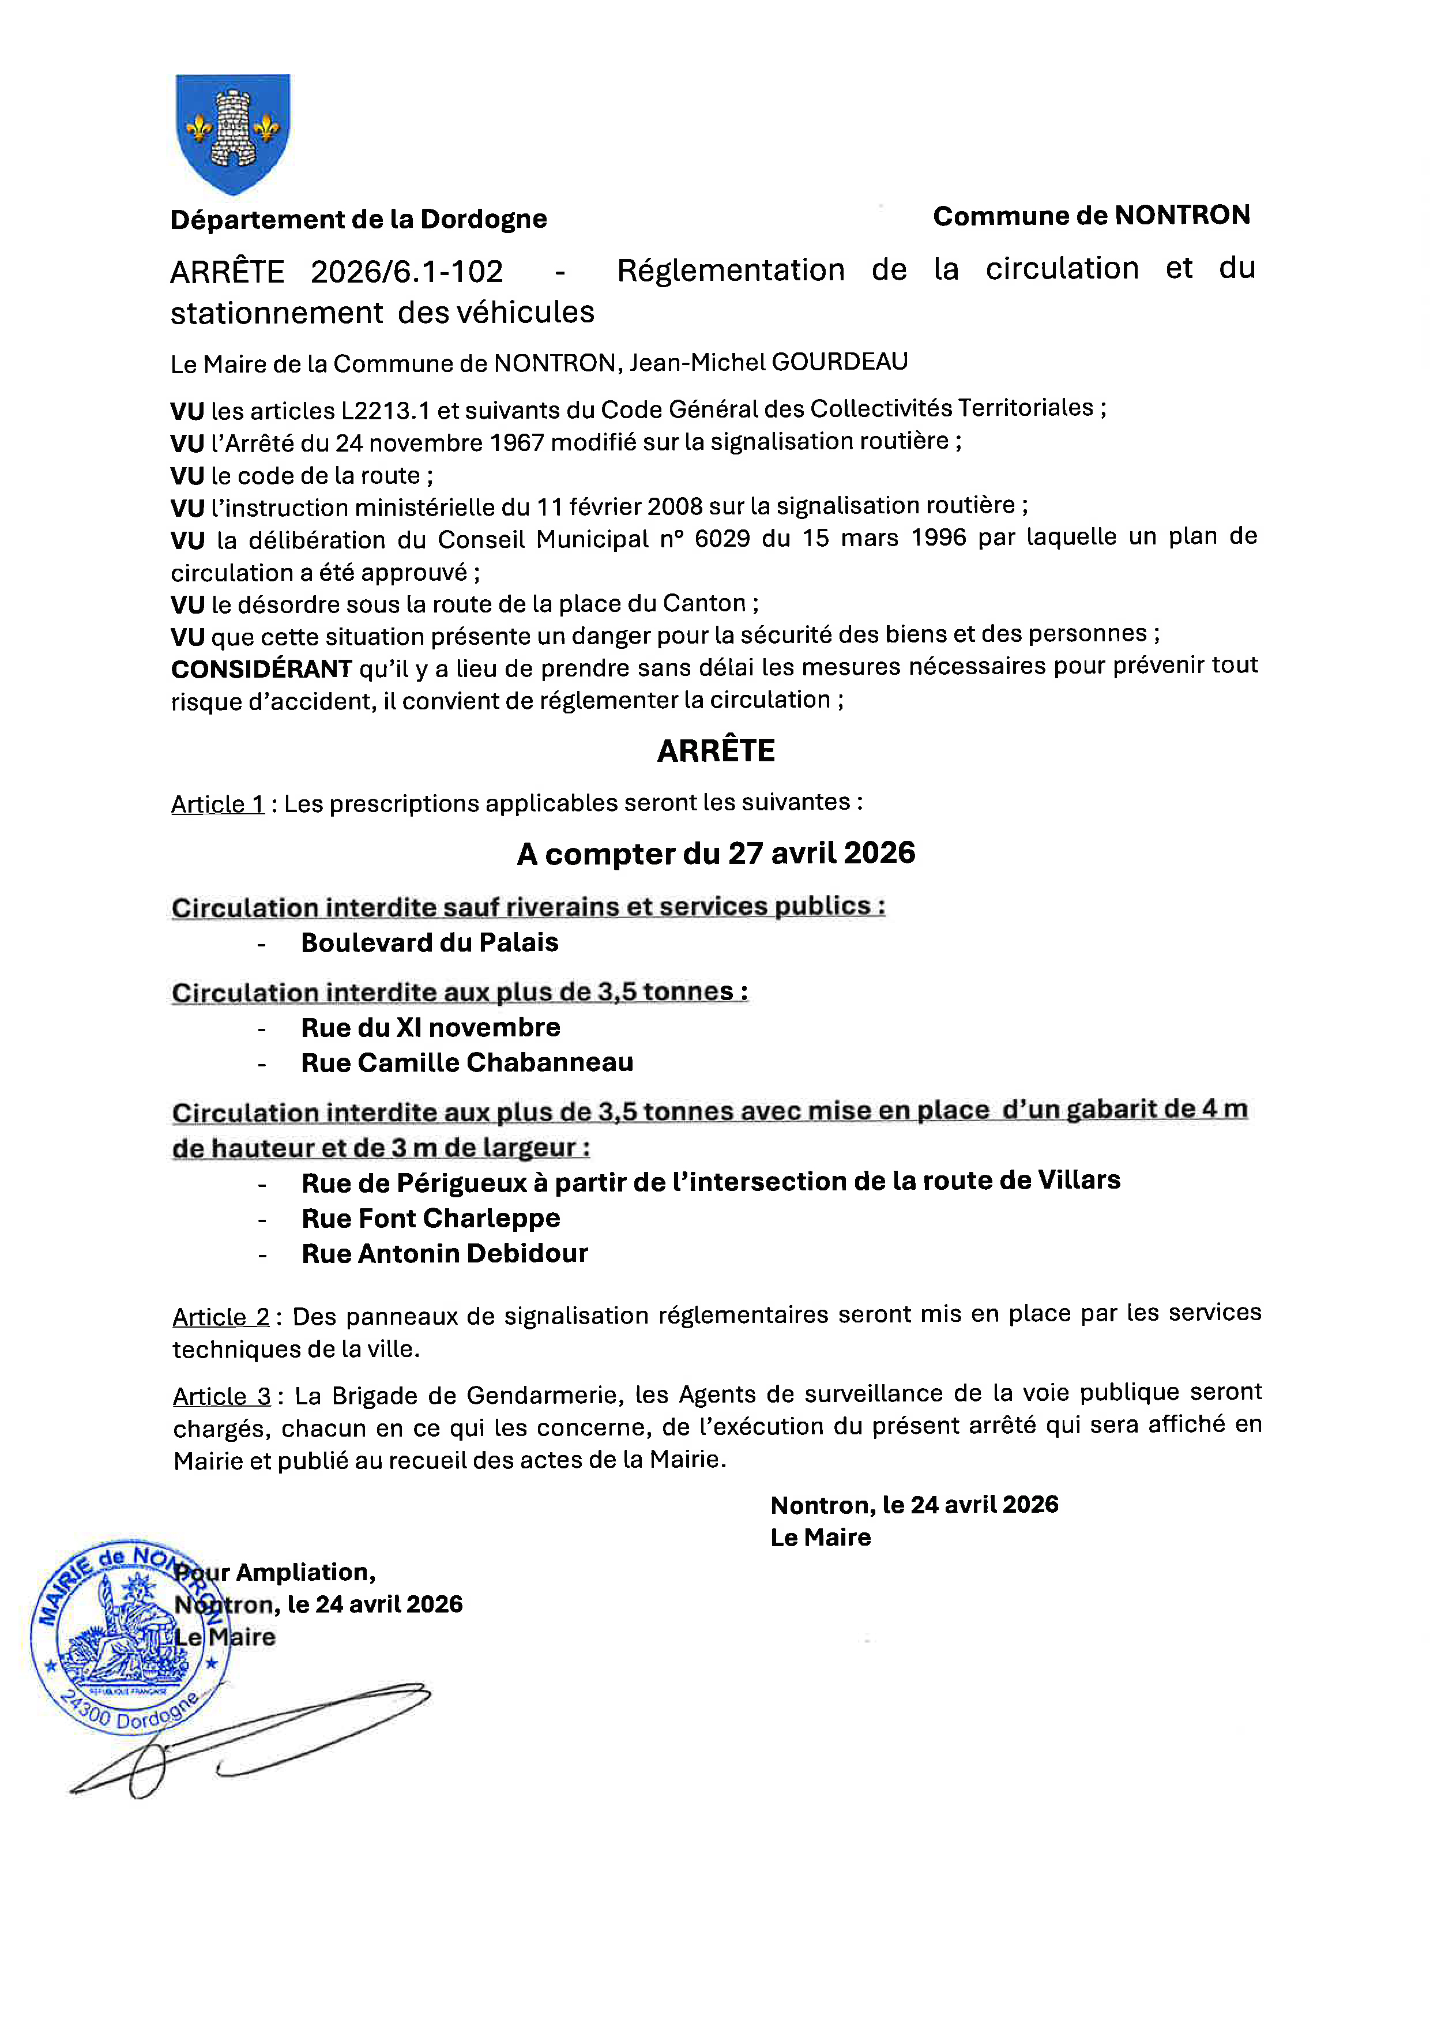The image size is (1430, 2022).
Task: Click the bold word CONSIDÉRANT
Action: (x=262, y=670)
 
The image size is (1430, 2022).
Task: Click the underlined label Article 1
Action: (x=217, y=804)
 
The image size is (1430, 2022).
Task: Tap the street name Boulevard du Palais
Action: (x=430, y=942)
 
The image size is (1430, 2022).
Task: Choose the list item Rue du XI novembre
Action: (x=431, y=1028)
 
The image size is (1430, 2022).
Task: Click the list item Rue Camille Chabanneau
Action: (x=466, y=1063)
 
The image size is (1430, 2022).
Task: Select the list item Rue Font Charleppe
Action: (x=431, y=1219)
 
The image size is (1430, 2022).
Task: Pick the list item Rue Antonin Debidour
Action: (x=445, y=1254)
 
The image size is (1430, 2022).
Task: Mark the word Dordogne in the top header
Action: (x=483, y=219)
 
